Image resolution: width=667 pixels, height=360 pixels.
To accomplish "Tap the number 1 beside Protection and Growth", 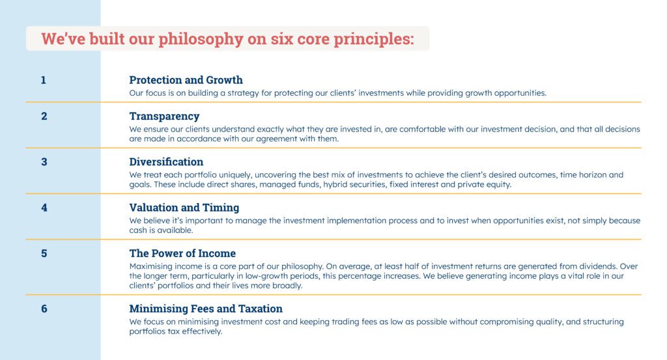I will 44,80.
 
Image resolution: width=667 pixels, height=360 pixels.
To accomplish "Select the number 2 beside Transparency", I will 44,117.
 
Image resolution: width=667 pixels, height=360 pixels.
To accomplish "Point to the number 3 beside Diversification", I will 44,162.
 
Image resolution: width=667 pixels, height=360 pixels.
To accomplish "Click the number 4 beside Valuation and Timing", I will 44,208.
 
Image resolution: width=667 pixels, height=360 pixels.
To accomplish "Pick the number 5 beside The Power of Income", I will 44,253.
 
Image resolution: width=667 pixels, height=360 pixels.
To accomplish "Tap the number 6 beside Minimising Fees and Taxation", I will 44,309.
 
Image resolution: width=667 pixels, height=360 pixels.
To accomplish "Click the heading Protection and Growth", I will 186,80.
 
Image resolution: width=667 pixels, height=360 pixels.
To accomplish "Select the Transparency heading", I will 164,117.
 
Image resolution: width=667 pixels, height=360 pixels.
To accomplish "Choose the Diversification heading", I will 166,162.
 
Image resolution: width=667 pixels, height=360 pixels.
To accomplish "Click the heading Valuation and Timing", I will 184,208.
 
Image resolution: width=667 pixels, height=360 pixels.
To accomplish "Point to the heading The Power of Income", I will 182,253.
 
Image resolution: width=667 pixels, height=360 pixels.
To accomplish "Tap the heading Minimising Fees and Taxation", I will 206,309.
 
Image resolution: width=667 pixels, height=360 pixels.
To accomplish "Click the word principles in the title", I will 373,38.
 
